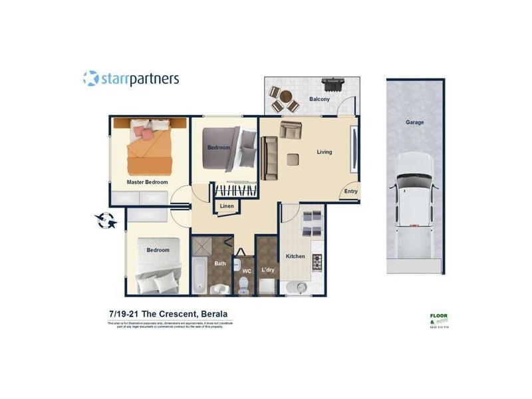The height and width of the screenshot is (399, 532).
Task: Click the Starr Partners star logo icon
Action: [x=90, y=78]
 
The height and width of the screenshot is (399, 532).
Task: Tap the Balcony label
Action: [x=319, y=100]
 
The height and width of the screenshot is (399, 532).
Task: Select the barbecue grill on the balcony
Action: [x=332, y=85]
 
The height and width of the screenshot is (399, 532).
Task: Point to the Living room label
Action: [x=324, y=152]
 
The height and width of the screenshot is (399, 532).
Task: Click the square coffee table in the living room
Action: [x=292, y=158]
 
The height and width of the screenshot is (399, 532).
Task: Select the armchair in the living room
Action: [x=291, y=130]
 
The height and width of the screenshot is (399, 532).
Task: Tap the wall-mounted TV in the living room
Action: [x=354, y=149]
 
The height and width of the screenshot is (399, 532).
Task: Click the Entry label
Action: [x=350, y=192]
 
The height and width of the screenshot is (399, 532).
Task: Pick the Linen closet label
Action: [x=227, y=207]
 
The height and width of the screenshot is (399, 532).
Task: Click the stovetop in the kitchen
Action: [x=317, y=263]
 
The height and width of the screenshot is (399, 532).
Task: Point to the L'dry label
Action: [x=268, y=270]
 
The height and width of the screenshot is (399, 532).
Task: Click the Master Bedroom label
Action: [x=147, y=182]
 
